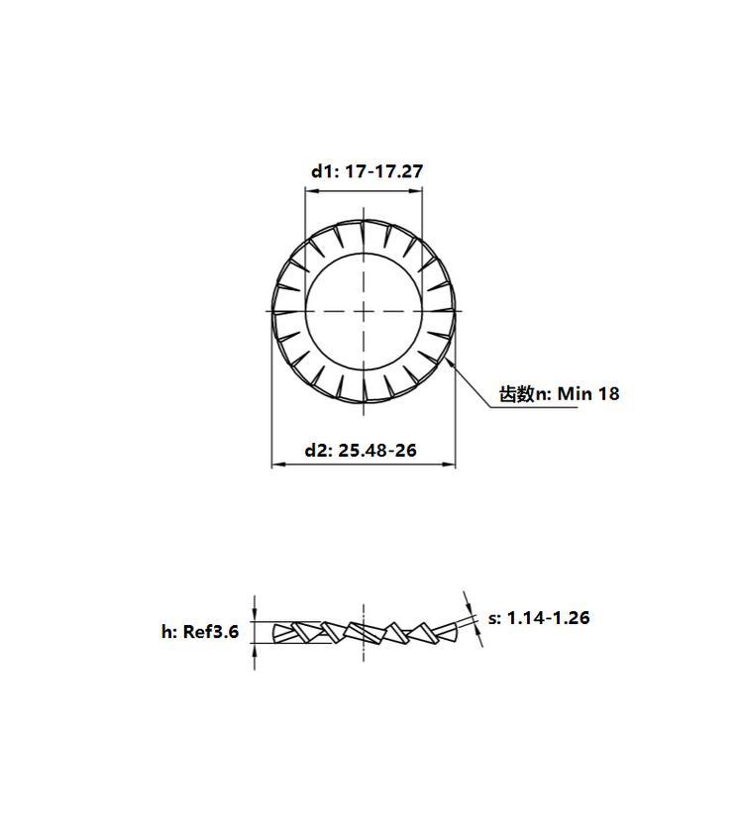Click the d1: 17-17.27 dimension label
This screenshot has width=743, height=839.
tap(367, 171)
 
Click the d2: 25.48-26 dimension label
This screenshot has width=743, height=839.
tap(361, 451)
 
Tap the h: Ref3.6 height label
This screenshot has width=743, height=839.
tap(200, 631)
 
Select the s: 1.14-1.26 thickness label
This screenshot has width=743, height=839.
tap(539, 617)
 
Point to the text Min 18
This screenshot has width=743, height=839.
tap(588, 394)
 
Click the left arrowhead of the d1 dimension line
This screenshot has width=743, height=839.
tap(310, 191)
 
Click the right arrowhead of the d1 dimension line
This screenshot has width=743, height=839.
tap(416, 191)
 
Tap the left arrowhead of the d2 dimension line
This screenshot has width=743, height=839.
tap(278, 465)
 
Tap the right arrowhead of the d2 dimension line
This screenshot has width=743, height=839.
tap(449, 465)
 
